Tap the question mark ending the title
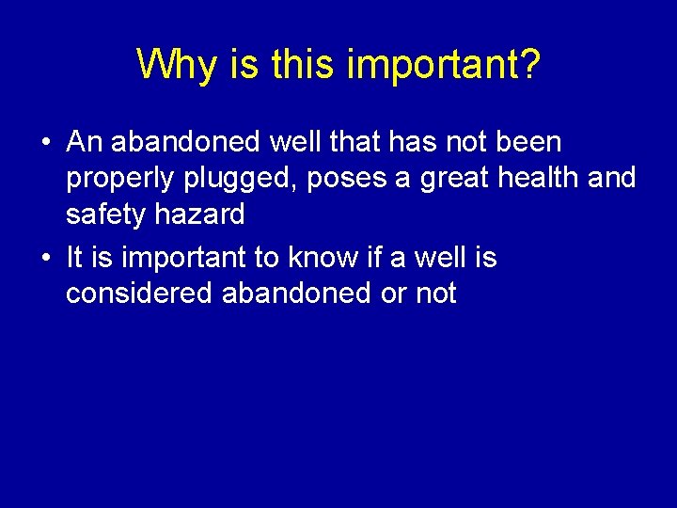(529, 64)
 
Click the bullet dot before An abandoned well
(46, 143)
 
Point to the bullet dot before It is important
(46, 258)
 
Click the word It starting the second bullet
(74, 257)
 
